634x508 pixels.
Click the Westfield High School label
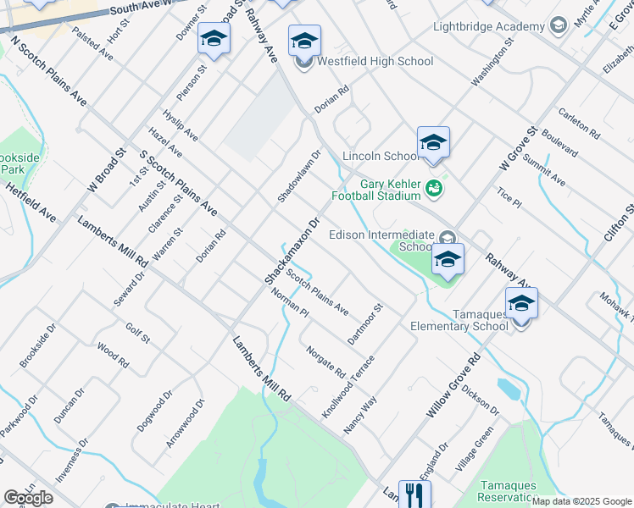(x=375, y=61)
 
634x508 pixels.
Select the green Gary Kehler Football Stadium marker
(x=434, y=188)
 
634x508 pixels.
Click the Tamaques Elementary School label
(x=459, y=319)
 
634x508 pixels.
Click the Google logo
(x=28, y=498)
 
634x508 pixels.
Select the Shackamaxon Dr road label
(x=291, y=249)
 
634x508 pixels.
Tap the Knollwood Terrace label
(x=348, y=386)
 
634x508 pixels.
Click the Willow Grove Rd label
(x=453, y=385)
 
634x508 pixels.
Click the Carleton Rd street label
(x=580, y=124)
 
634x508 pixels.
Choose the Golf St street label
(x=137, y=334)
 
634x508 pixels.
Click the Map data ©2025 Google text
(x=581, y=501)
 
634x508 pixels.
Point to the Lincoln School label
(x=381, y=156)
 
